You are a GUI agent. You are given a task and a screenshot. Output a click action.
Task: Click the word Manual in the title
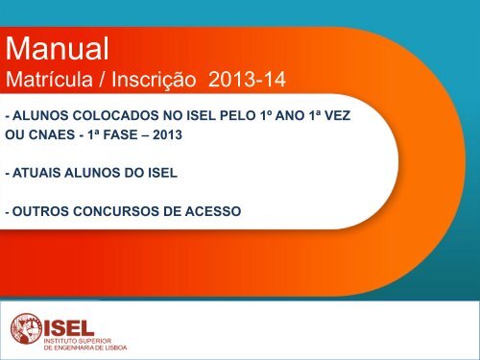(56, 45)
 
